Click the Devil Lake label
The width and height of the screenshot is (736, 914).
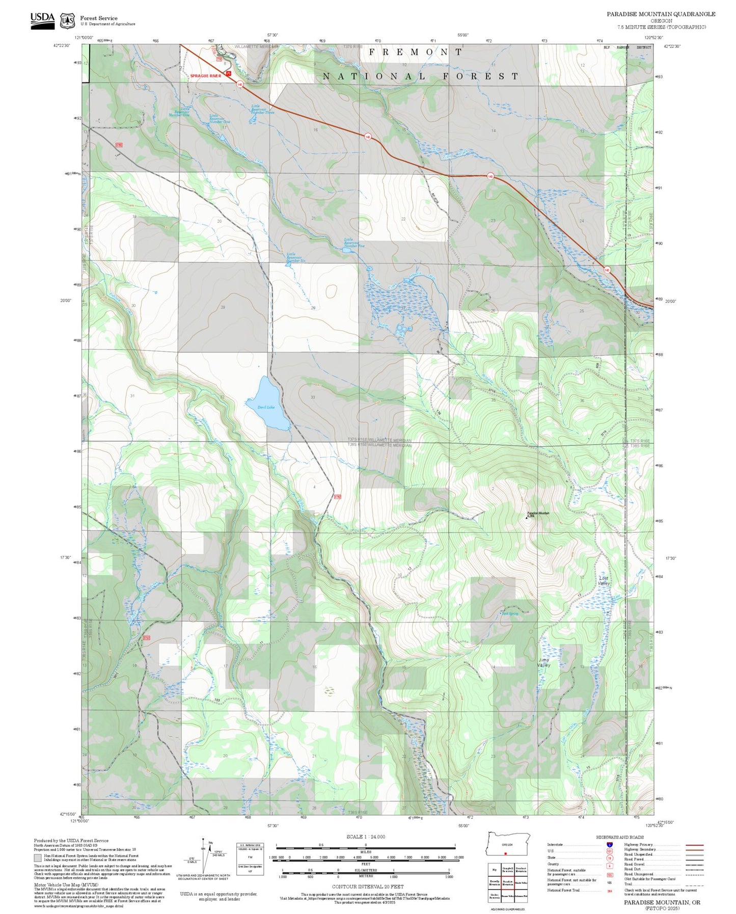(266, 407)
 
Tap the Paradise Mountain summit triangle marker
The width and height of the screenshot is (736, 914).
(526, 518)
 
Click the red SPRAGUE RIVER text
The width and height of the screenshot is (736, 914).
(206, 76)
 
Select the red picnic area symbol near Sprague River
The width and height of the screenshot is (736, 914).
(229, 73)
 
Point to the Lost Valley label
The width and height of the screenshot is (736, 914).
(604, 581)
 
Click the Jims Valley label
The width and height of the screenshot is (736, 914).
(544, 662)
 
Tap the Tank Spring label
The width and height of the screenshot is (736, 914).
(510, 613)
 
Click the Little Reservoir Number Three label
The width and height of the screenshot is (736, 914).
(262, 109)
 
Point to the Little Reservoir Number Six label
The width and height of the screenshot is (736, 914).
(295, 257)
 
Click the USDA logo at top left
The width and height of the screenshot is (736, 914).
(42, 20)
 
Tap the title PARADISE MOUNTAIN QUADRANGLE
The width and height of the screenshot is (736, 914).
(661, 14)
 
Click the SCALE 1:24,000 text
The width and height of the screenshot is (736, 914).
(366, 837)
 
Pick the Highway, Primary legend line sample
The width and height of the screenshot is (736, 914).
(694, 845)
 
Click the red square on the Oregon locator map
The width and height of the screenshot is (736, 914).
(505, 853)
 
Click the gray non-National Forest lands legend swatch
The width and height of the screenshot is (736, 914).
(38, 857)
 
